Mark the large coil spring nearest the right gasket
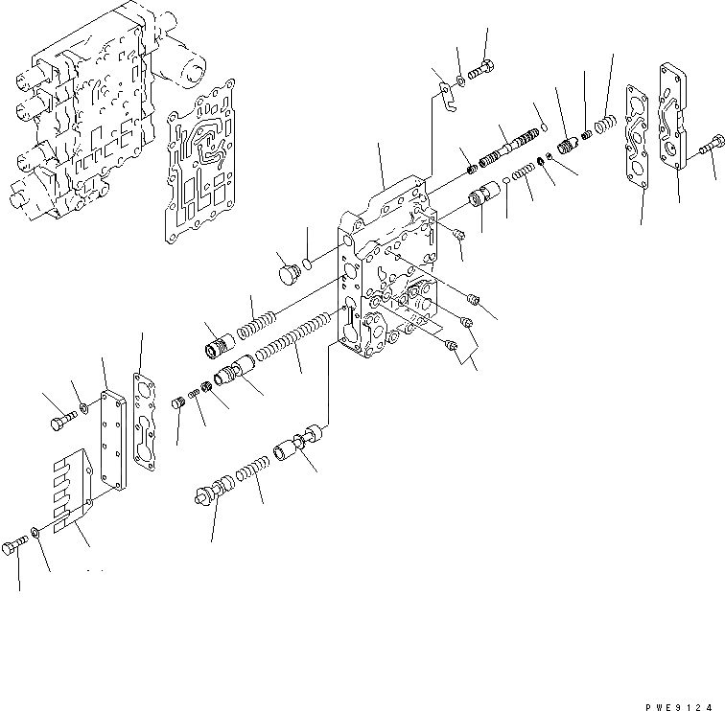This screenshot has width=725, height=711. click(x=604, y=125)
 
